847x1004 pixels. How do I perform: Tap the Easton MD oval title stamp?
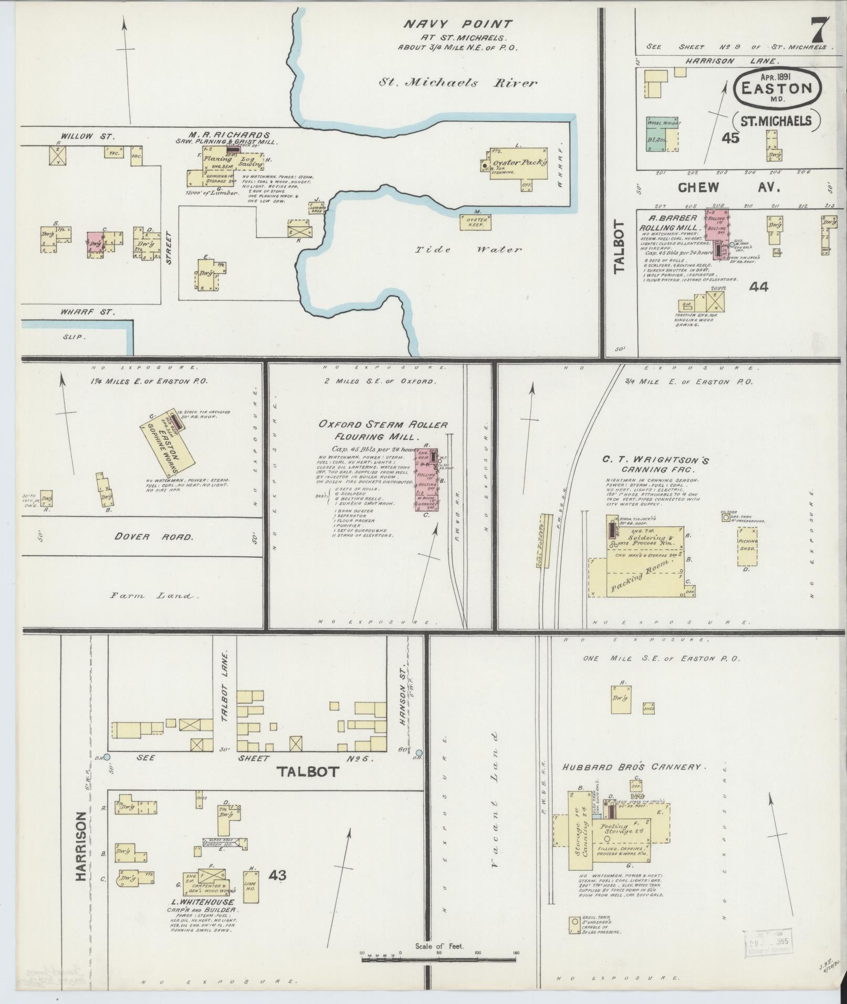click(x=775, y=89)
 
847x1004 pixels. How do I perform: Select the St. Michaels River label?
click(x=458, y=83)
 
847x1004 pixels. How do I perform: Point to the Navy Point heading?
click(x=457, y=24)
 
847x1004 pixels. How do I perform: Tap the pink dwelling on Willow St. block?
click(x=96, y=243)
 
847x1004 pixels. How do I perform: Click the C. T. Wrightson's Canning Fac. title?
click(x=656, y=464)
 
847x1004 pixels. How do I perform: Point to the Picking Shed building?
click(x=747, y=546)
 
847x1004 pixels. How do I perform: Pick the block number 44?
click(x=759, y=287)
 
